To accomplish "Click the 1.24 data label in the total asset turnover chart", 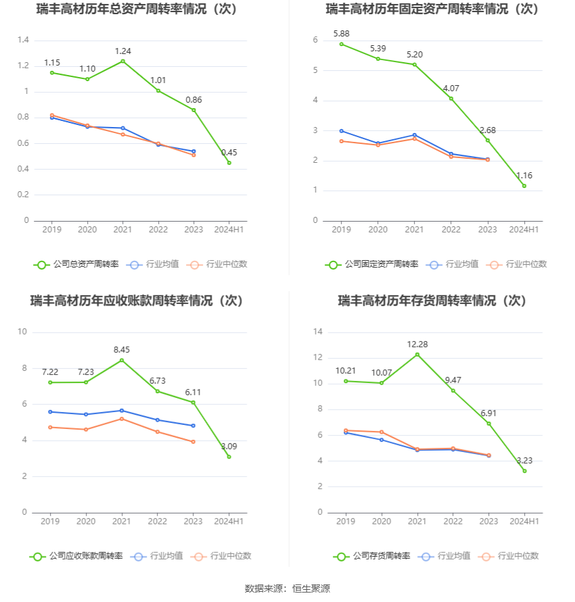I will (122, 51).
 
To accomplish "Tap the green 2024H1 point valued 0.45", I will (229, 163).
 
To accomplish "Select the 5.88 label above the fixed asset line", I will (342, 34).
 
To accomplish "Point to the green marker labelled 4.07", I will (451, 99).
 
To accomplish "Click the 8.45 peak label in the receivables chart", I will (122, 350).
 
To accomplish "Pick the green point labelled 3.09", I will (229, 457).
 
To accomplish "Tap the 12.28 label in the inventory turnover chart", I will (417, 345).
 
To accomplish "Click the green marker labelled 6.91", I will (488, 424).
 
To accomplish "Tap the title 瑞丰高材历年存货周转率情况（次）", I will (432, 301).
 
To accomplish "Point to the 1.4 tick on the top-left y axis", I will (23, 41).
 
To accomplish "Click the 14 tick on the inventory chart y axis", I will (318, 332).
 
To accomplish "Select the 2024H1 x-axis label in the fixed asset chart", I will (524, 230).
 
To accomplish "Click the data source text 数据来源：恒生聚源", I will (287, 588).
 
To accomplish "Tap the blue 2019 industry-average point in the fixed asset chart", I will (342, 131).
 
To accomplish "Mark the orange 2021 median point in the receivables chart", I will (122, 419).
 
